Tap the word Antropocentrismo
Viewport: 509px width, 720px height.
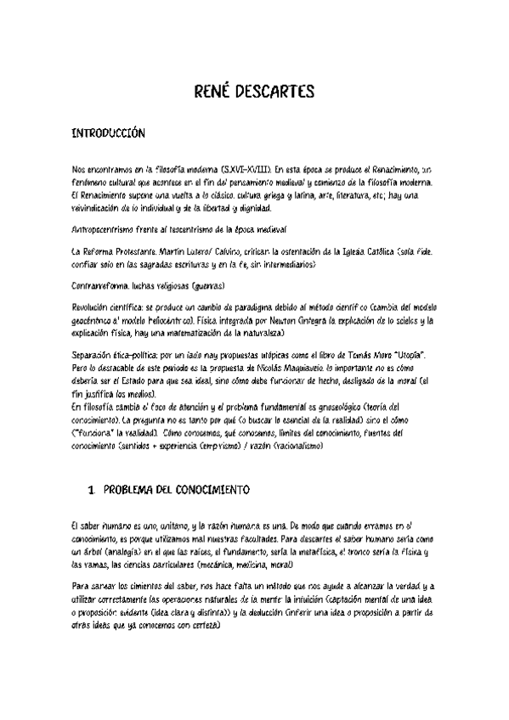109,230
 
